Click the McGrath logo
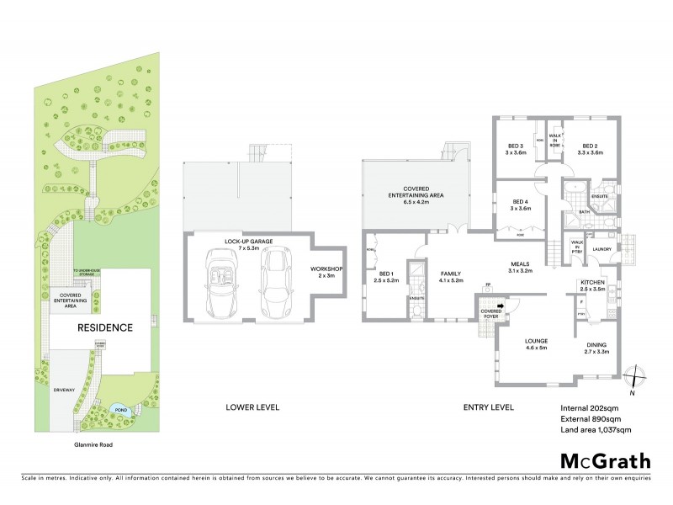605,460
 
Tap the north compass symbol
636,379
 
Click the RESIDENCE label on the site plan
105,327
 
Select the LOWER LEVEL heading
252,408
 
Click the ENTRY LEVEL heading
489,408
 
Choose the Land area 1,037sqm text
596,430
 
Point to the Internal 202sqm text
589,408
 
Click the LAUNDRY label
601,249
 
